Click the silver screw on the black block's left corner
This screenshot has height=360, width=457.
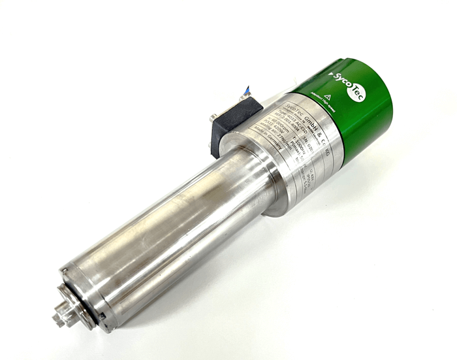click(x=213, y=118)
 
